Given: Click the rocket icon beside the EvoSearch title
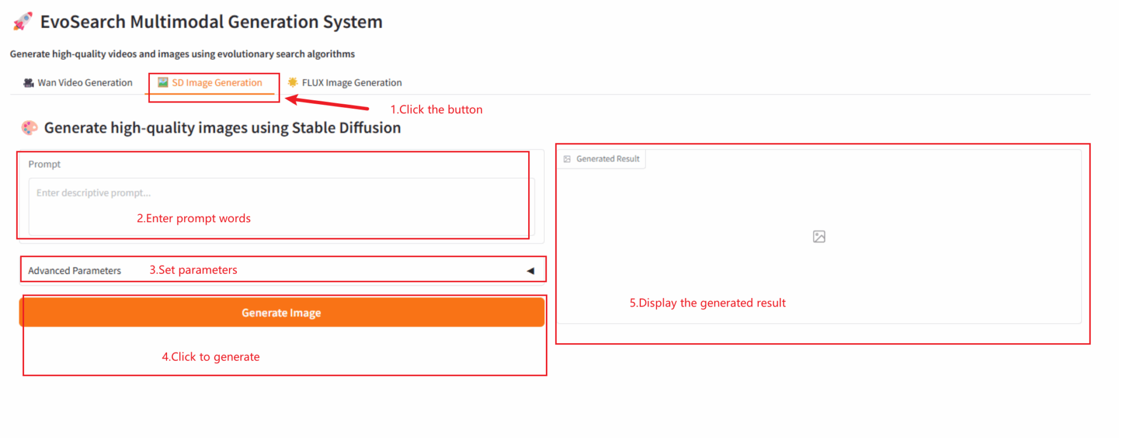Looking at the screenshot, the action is coord(23,21).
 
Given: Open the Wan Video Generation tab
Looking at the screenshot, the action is coord(78,82).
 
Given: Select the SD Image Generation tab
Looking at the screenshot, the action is coord(210,82).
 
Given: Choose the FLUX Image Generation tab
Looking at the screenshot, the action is coord(344,82).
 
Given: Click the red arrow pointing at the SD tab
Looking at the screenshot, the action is coord(327,103).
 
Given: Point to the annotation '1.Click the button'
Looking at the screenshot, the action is coord(437,109).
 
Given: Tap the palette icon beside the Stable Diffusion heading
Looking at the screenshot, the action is coord(30,127).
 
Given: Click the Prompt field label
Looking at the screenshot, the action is coord(45,164).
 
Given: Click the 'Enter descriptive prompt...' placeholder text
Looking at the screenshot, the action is coord(94,193).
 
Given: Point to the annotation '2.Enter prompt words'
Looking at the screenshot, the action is coord(194,218).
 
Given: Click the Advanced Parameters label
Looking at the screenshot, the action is coord(74,270).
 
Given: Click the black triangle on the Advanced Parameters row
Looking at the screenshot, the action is coord(530,271).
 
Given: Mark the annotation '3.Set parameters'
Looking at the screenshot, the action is coord(193,270).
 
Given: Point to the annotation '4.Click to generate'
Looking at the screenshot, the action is coord(211,357).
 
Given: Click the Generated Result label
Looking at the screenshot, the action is coord(608,159).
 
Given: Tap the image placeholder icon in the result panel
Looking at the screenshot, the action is coord(819,237).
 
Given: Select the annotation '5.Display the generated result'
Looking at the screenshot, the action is coord(708,303).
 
